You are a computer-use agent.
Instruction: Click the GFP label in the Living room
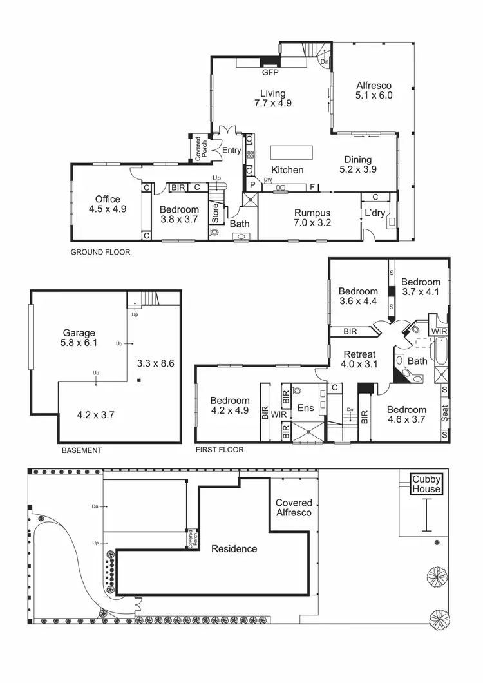[269, 73]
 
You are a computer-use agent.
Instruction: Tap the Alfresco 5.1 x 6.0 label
[374, 90]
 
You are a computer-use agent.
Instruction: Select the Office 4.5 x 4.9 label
[108, 204]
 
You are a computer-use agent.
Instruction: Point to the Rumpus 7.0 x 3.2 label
[312, 218]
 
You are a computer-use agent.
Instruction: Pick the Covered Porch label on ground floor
[200, 148]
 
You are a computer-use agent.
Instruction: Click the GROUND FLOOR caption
[100, 253]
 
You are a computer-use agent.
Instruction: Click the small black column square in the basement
[139, 380]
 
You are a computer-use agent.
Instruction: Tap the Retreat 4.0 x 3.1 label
[359, 360]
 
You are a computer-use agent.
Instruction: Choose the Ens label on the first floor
[305, 408]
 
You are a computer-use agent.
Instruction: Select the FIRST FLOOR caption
[220, 450]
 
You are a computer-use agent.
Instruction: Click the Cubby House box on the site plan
[427, 484]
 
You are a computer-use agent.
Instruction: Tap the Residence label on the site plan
[234, 549]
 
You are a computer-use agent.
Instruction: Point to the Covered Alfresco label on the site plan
[294, 507]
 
